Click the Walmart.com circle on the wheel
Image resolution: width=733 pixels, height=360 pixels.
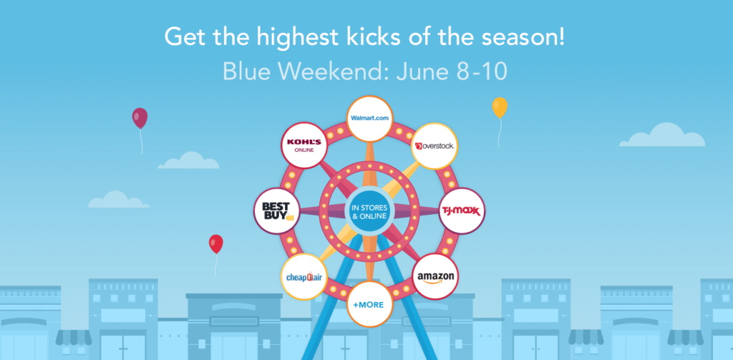tap(369, 118)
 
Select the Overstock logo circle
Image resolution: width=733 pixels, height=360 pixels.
tap(435, 146)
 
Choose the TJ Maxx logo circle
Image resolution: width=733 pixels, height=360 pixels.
tap(462, 210)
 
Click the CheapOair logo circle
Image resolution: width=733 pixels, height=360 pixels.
tap(304, 276)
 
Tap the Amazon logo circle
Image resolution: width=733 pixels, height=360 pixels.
tap(435, 276)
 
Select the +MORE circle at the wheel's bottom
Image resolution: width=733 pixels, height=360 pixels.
tap(369, 303)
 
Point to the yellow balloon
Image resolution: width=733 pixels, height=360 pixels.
tap(500, 108)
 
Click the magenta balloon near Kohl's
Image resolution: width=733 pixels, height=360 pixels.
tap(140, 118)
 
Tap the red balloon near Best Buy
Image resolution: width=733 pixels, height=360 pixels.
tap(215, 244)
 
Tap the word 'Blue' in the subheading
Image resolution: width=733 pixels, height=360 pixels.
tap(242, 71)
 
